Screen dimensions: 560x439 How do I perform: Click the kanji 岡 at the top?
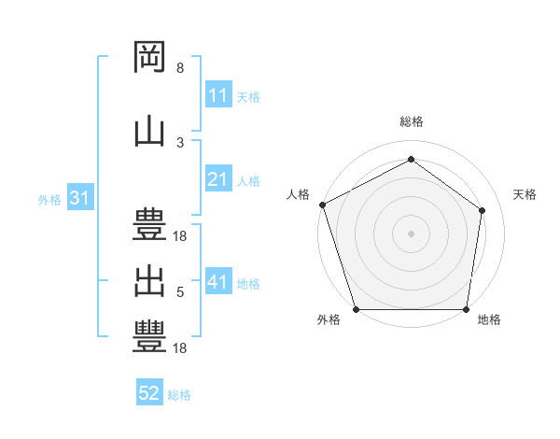click(x=149, y=57)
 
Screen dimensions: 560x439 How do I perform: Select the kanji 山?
click(x=149, y=133)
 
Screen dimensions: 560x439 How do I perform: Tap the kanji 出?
click(x=149, y=282)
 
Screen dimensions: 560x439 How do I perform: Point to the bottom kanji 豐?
click(x=149, y=336)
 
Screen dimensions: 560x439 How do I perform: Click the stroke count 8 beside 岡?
click(x=180, y=67)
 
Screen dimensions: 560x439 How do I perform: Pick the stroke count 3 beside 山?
click(x=180, y=143)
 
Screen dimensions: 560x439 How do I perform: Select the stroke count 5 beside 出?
click(x=180, y=291)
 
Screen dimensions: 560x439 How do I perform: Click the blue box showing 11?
click(x=218, y=93)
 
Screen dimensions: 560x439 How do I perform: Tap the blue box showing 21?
click(x=218, y=177)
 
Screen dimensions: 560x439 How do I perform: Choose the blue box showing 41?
click(x=218, y=280)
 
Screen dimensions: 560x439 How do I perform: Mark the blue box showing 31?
click(x=80, y=197)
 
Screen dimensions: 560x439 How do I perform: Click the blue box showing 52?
click(x=149, y=391)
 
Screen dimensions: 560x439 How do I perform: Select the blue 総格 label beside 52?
click(x=179, y=395)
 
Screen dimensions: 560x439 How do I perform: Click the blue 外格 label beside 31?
click(x=49, y=200)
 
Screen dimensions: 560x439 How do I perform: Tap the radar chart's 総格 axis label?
click(x=412, y=121)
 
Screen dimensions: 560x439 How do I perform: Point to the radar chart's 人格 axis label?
click(x=298, y=194)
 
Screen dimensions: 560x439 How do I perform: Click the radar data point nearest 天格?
click(x=482, y=210)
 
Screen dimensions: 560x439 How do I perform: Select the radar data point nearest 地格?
click(x=466, y=309)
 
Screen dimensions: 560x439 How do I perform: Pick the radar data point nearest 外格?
click(x=357, y=309)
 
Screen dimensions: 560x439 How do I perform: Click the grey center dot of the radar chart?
click(x=411, y=234)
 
